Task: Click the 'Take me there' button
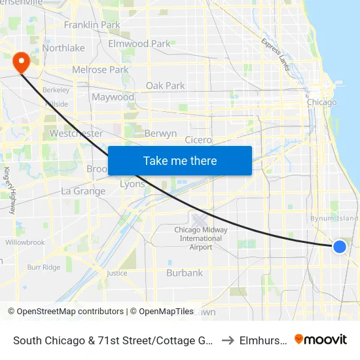click(x=180, y=160)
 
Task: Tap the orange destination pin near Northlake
click(x=21, y=62)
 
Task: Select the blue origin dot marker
click(x=340, y=246)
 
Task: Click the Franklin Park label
click(x=92, y=25)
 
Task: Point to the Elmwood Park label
click(x=139, y=44)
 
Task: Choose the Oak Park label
click(x=165, y=86)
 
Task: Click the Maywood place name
click(x=113, y=97)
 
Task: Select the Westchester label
click(x=76, y=134)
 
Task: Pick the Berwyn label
click(x=160, y=134)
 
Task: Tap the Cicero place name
click(x=198, y=140)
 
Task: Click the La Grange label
click(x=83, y=191)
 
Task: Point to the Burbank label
click(x=184, y=272)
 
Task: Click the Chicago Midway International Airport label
click(x=201, y=238)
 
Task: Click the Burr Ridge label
click(x=43, y=267)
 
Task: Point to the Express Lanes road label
click(x=275, y=52)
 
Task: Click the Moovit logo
click(x=321, y=340)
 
